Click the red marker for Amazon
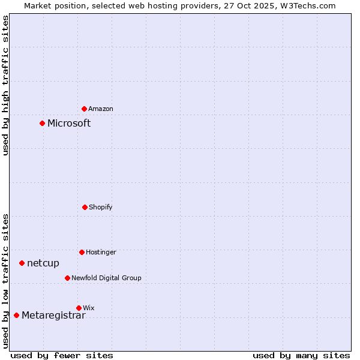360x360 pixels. (x=84, y=109)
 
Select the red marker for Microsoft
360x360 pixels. (x=42, y=123)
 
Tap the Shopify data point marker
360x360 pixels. (x=85, y=207)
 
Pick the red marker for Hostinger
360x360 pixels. (x=82, y=252)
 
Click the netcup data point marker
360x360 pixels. (x=22, y=263)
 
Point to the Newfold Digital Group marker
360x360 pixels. (x=67, y=278)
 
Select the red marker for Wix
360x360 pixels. (x=79, y=308)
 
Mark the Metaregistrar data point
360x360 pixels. (x=16, y=315)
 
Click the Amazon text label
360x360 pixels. (x=101, y=109)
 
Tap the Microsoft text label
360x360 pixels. (x=69, y=123)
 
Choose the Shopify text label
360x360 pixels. (x=101, y=207)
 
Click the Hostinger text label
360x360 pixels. (x=101, y=252)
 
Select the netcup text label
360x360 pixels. (x=43, y=263)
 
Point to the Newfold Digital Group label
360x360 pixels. (x=106, y=278)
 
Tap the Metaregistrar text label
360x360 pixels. (x=53, y=316)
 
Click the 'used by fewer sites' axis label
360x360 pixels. (x=62, y=355)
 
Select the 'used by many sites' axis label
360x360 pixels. (x=301, y=355)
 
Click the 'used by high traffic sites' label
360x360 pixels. (x=5, y=85)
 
